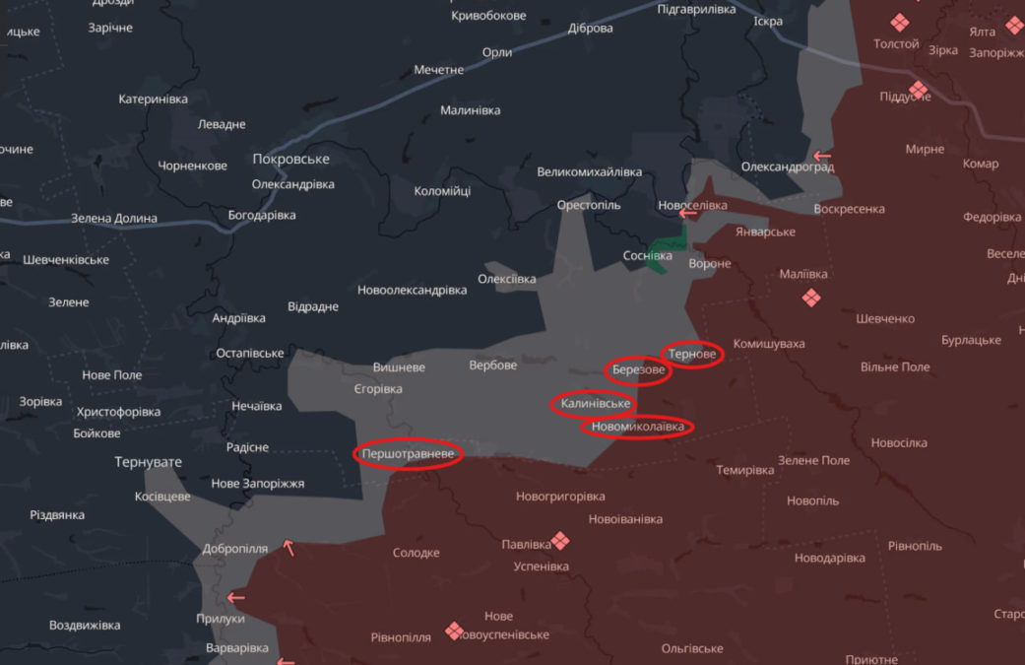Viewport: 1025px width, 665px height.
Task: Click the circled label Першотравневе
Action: [x=409, y=454]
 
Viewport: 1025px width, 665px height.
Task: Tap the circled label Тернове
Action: [x=693, y=354]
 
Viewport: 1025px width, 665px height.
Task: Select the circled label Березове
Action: [x=638, y=371]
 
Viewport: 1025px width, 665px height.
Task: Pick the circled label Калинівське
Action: [x=593, y=404]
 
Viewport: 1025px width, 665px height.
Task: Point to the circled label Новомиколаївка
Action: [x=637, y=427]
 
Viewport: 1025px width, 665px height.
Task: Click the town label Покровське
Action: [x=290, y=159]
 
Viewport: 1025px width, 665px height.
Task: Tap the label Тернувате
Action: [x=148, y=461]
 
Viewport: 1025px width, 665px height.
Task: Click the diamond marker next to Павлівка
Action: [x=560, y=540]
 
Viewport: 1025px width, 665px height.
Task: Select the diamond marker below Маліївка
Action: [x=811, y=298]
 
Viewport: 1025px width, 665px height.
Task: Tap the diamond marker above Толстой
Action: [x=898, y=23]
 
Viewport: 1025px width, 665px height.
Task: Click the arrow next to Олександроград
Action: [x=821, y=156]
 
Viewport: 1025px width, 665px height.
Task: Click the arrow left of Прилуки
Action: [x=235, y=596]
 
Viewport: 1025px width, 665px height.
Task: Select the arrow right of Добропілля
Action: [x=288, y=547]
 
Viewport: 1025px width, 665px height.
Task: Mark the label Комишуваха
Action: [x=769, y=344]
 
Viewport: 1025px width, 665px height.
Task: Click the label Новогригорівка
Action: [x=560, y=497]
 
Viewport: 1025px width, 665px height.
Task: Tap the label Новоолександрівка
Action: [x=412, y=291]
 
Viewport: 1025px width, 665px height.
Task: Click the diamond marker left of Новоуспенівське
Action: [x=454, y=631]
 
